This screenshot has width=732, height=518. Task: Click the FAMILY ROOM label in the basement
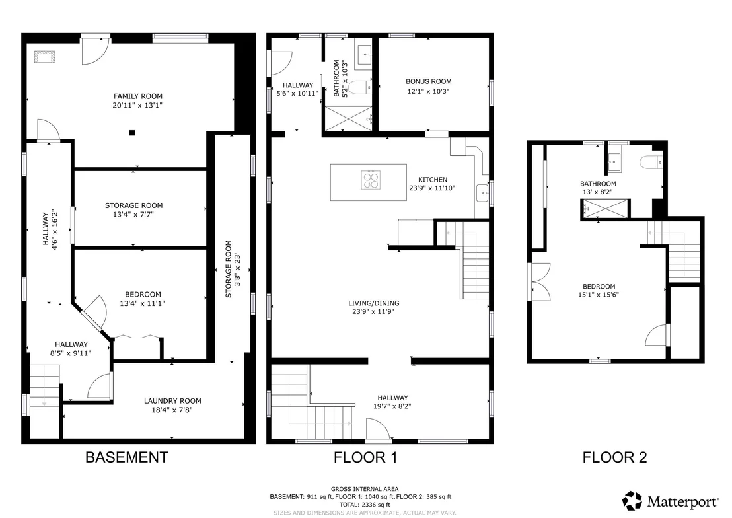(138, 96)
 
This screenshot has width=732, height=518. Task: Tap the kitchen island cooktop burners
(371, 180)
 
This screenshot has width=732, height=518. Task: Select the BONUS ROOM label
(429, 81)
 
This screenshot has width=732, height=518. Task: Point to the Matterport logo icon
(632, 501)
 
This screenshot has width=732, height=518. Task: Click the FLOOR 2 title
(615, 457)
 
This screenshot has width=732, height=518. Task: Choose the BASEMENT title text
(126, 457)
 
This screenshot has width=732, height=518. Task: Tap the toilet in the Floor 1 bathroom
(361, 87)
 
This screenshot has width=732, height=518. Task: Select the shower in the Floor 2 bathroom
(605, 208)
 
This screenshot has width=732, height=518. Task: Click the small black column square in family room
(132, 133)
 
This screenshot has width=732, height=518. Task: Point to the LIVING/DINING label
(374, 303)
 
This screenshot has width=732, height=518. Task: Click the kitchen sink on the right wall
(482, 193)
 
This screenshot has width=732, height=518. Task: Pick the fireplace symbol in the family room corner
(45, 57)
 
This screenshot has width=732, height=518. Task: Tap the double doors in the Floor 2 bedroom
(540, 282)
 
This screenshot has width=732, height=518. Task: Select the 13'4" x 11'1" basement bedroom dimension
(143, 303)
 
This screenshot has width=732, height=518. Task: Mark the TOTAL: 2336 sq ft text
(365, 504)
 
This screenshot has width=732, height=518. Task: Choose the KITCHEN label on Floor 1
(433, 179)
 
